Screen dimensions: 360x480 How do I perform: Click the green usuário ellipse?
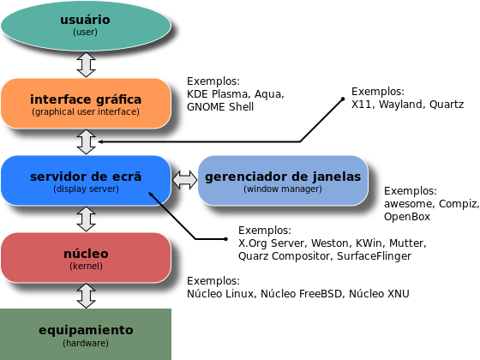pos(86,24)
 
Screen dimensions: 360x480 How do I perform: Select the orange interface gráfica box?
pos(86,103)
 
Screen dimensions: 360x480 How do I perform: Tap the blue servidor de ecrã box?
pos(86,180)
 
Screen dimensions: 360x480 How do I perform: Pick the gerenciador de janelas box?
pos(283,180)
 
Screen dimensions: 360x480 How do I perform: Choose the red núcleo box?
pos(86,257)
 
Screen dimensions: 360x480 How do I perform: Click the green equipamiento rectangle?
pos(86,334)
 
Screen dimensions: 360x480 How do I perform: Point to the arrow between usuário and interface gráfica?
pos(86,64)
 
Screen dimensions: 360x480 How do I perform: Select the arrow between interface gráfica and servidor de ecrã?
pos(86,141)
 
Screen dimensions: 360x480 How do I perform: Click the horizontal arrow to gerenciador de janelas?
pos(184,180)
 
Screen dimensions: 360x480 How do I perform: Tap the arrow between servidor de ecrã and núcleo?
pos(86,219)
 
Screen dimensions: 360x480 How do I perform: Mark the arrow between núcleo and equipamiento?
pos(86,296)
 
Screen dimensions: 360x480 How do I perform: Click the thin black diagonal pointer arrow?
pos(165,204)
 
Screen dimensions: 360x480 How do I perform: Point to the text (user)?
pos(86,32)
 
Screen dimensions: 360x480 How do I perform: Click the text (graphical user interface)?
pos(86,112)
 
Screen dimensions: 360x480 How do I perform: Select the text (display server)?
pos(86,189)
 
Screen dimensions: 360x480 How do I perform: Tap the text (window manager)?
pos(283,189)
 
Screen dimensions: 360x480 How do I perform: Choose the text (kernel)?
pos(86,267)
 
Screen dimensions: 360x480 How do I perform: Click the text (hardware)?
pos(86,343)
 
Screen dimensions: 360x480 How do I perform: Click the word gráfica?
pos(117,99)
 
